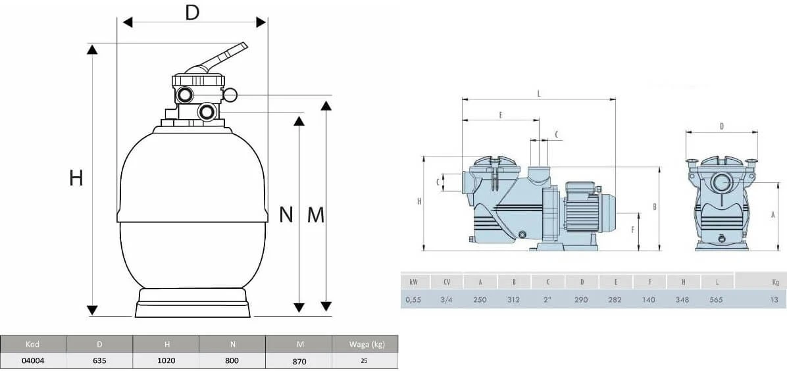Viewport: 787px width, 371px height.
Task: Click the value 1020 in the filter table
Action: [166, 360]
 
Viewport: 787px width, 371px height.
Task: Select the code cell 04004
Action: [33, 360]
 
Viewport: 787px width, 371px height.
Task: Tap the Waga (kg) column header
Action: [365, 344]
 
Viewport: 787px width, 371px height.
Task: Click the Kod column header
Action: [33, 344]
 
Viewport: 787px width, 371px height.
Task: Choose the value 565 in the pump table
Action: [717, 299]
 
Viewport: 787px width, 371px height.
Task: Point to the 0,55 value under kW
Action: [414, 299]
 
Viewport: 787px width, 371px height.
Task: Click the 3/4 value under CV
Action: [446, 299]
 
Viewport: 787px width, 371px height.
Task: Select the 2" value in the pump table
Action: [547, 299]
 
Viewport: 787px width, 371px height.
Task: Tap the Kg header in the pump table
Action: [776, 282]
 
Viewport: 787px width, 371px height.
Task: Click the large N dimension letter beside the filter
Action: [286, 214]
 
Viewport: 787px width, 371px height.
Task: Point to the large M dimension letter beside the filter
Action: [316, 214]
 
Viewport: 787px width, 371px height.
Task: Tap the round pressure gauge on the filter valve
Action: [230, 95]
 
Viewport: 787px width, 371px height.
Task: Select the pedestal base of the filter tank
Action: [193, 305]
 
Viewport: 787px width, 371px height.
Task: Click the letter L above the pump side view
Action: [539, 93]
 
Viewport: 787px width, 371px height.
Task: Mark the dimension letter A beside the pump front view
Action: [773, 214]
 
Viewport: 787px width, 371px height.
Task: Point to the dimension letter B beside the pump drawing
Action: [655, 207]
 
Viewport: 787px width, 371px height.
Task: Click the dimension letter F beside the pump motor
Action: [632, 230]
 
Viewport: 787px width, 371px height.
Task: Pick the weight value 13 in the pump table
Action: [776, 299]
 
